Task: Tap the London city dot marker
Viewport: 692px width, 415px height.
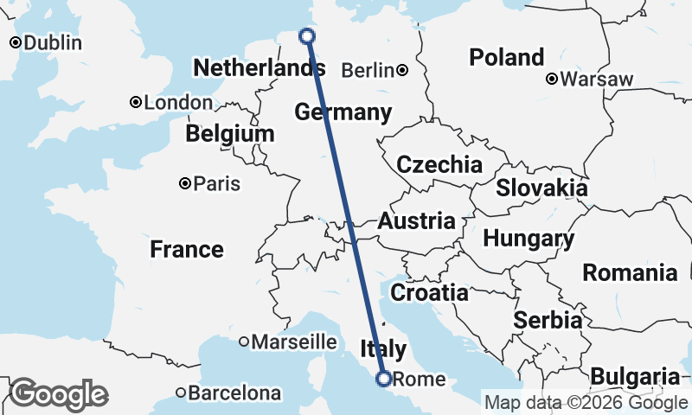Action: point(136,102)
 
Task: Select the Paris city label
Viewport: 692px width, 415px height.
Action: point(217,184)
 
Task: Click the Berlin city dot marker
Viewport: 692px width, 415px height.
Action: point(402,70)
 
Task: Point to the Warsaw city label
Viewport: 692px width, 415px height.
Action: point(597,80)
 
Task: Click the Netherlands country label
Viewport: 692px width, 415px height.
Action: point(259,67)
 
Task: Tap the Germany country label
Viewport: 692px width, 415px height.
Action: point(343,112)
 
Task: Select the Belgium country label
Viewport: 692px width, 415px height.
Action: point(230,134)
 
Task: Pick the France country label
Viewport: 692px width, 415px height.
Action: point(187,250)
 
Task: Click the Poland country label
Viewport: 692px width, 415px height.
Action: point(507,58)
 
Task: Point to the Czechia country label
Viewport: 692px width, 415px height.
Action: point(439,164)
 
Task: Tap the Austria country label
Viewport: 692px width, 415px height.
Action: point(416,220)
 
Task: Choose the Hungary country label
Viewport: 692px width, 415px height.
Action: point(529,238)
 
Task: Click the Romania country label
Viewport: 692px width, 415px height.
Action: point(630,273)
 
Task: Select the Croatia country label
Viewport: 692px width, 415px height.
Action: point(429,292)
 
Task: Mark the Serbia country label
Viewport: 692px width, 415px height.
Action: point(548,320)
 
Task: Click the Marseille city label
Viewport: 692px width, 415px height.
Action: point(293,342)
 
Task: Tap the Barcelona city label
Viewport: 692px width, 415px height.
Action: point(235,393)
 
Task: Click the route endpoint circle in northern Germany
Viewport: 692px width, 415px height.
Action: point(306,35)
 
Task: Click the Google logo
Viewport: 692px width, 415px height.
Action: point(58,394)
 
